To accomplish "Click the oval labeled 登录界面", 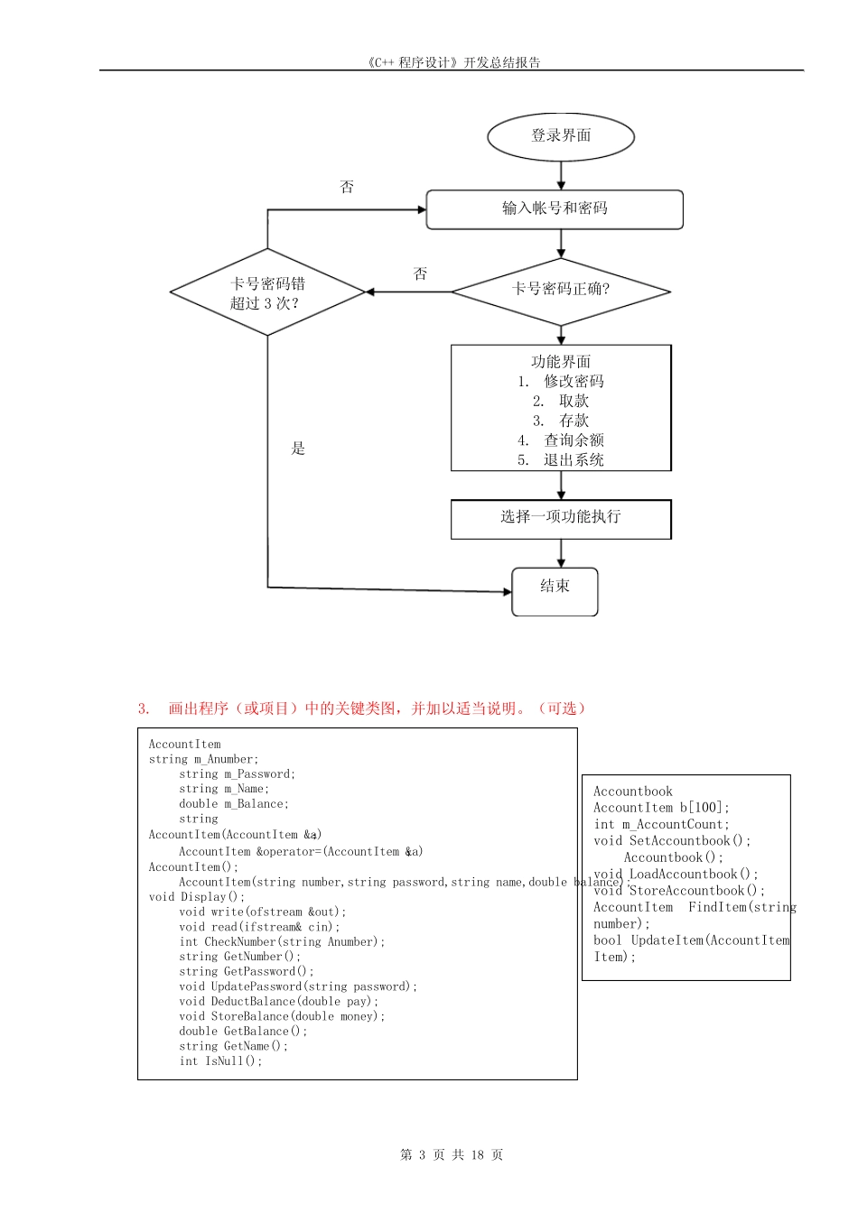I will (x=561, y=136).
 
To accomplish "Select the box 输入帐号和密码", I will (x=555, y=208).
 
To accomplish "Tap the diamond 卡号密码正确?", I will (x=561, y=290).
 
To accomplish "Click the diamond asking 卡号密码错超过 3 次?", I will (x=267, y=293).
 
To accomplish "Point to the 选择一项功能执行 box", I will (x=561, y=518).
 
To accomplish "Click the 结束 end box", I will (x=555, y=588).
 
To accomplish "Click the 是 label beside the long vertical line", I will (x=298, y=449).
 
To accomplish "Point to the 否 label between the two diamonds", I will (x=420, y=273).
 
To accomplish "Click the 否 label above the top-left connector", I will (x=347, y=187).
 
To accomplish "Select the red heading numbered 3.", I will (x=362, y=708).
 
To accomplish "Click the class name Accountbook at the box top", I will (x=633, y=792).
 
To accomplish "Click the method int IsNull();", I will (x=220, y=1061).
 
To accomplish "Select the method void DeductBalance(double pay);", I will (x=279, y=1002).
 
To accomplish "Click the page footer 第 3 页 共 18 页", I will (x=452, y=1155).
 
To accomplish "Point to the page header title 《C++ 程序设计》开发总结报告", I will (x=454, y=62).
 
